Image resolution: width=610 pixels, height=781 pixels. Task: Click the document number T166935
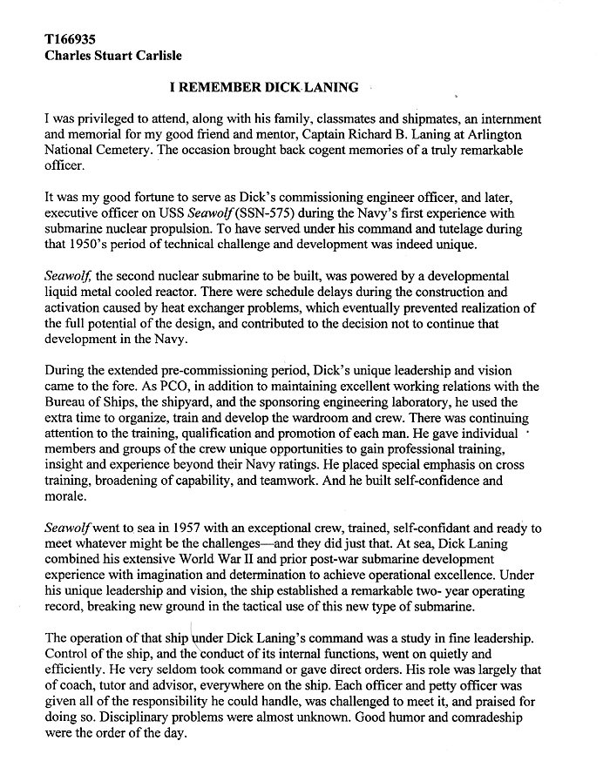point(71,39)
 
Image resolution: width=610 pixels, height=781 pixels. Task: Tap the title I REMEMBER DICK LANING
point(262,87)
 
